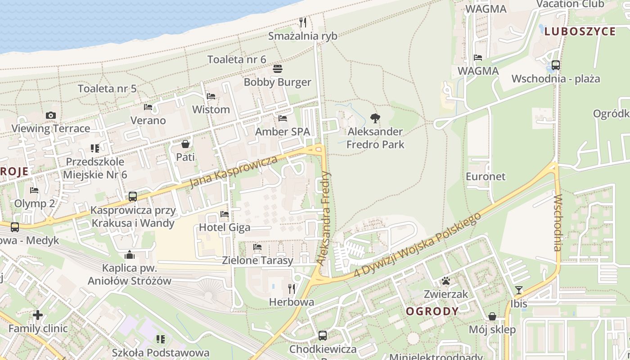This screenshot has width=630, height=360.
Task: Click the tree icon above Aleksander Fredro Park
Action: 375,119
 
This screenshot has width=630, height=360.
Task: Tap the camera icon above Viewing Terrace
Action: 51,116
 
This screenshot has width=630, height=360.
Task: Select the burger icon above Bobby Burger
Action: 278,69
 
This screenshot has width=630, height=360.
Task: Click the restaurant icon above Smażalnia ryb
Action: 303,22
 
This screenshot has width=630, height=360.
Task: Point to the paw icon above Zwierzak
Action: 446,281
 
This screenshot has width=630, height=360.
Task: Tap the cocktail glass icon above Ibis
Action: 519,290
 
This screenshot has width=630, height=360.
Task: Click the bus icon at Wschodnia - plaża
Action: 556,65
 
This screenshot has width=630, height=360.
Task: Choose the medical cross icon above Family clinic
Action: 38,315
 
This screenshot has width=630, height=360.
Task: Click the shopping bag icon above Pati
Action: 185,144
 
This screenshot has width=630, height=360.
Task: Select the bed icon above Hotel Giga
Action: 225,214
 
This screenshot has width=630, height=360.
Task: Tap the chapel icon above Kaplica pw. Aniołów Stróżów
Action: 130,255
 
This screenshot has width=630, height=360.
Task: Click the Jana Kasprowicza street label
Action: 233,172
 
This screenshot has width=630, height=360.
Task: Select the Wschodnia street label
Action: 558,222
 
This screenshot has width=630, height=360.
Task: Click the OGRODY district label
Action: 432,311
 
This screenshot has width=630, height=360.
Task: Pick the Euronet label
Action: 486,176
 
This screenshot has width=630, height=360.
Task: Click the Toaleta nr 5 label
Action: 107,89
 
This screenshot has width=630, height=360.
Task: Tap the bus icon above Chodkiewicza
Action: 323,335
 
